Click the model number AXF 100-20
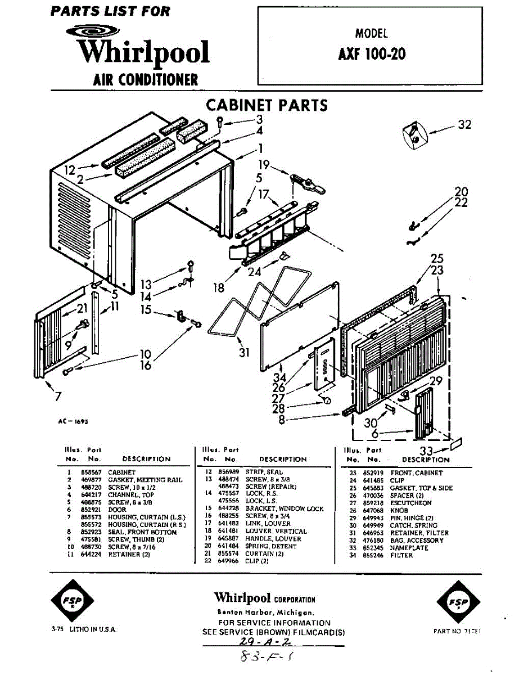pos(372,54)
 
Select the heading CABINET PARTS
pos(267,105)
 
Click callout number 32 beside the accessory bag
pos(464,125)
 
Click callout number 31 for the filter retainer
pos(243,353)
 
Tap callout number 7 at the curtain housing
pos(58,397)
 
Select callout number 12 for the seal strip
pos(70,169)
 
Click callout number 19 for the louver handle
pos(264,165)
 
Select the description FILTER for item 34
pos(401,555)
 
